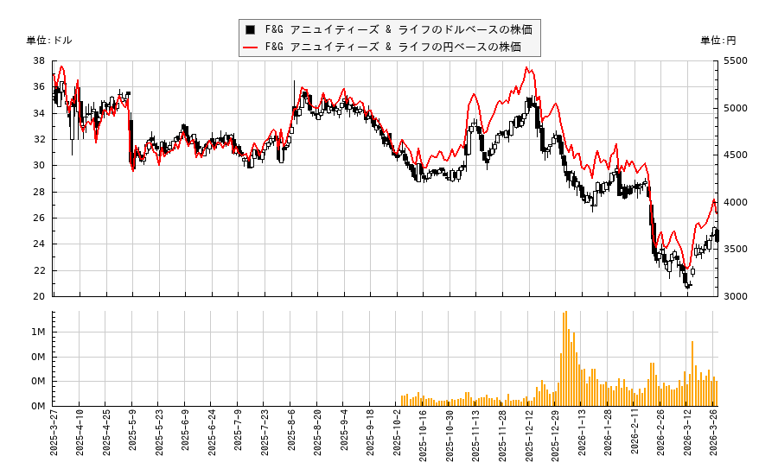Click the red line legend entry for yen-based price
389,47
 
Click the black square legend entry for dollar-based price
389,29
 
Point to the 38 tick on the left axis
40,61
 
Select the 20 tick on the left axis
40,296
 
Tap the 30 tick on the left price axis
40,166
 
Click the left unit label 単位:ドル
50,41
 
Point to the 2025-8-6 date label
291,437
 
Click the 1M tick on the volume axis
40,332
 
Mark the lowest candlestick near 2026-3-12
688,286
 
